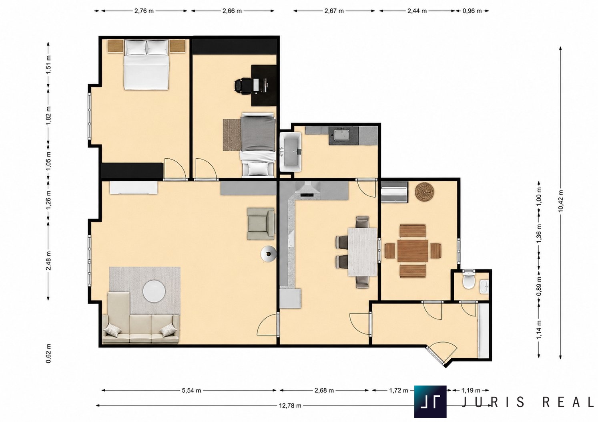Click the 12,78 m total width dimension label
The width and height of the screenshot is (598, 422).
point(290,406)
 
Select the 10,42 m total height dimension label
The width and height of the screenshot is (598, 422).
point(560,201)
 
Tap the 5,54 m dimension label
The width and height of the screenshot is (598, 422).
point(191,390)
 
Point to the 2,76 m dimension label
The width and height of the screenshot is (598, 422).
point(144,11)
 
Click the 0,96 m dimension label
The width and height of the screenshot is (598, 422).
point(472,11)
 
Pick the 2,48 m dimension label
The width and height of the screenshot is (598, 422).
point(48,260)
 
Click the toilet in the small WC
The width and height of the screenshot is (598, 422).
point(469,279)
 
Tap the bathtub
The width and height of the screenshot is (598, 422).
point(291,152)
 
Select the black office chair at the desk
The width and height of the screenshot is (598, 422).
point(243,86)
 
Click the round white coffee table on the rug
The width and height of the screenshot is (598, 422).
point(154,291)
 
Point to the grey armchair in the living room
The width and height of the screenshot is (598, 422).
point(261,224)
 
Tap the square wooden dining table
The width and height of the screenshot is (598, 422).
point(413,251)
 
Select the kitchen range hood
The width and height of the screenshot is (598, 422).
point(307,190)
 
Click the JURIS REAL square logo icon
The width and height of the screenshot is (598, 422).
point(430,402)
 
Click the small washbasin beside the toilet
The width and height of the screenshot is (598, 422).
point(484,287)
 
